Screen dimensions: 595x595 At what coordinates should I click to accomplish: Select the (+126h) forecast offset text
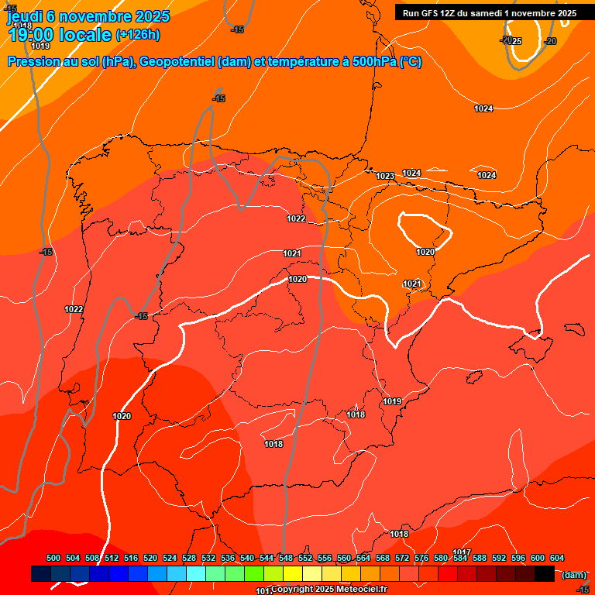[x=137, y=34]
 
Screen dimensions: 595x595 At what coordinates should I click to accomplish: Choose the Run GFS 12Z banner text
[x=439, y=13]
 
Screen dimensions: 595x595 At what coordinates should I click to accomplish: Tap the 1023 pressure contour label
[x=385, y=176]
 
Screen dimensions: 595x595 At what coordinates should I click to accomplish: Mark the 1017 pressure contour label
[x=462, y=552]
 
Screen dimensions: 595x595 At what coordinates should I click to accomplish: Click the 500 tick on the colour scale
[x=53, y=559]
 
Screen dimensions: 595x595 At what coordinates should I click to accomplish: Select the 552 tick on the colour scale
[x=305, y=559]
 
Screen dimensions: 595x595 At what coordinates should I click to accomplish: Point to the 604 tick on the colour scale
[x=557, y=559]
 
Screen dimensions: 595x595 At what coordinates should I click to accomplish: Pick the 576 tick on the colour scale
[x=421, y=559]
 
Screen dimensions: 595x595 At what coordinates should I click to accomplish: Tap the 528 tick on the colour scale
[x=189, y=559]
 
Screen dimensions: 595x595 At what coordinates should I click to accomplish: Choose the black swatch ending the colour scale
[x=545, y=573]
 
